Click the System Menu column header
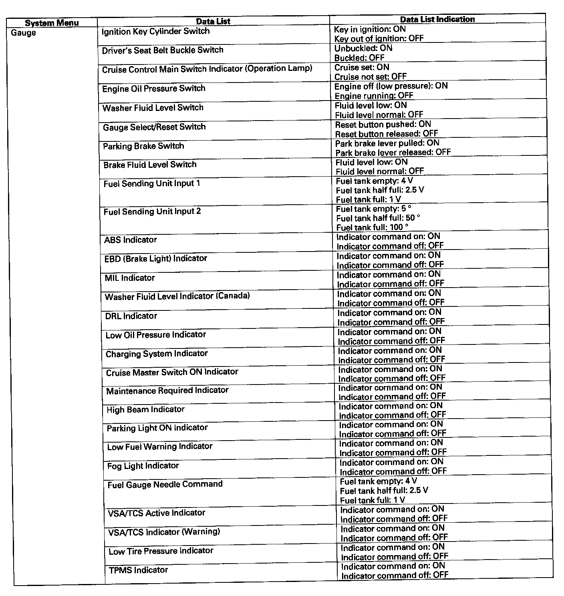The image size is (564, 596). pos(52,23)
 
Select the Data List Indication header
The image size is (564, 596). pos(437,19)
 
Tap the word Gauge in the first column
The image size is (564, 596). pos(23,33)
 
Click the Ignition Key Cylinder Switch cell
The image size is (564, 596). pos(155,31)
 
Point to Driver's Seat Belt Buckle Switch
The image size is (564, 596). pos(163,50)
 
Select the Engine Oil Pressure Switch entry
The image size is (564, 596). pos(154,89)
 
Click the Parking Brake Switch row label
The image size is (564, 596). pos(143,146)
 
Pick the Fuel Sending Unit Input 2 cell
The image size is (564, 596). pos(152,211)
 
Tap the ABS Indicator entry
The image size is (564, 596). pos(131,240)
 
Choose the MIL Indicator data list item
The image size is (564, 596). pos(130,278)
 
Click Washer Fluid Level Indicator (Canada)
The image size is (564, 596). pos(177,296)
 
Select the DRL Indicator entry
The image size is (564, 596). pos(131,316)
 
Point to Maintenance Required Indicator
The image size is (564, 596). pos(167,391)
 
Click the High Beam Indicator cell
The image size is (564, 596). pos(145,410)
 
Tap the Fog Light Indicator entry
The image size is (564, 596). pos(143,466)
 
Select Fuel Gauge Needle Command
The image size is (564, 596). pos(165,484)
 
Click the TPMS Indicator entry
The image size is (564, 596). pos(138,570)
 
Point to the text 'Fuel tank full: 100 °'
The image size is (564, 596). pos(373,227)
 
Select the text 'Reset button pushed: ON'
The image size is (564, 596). pos(383,125)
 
